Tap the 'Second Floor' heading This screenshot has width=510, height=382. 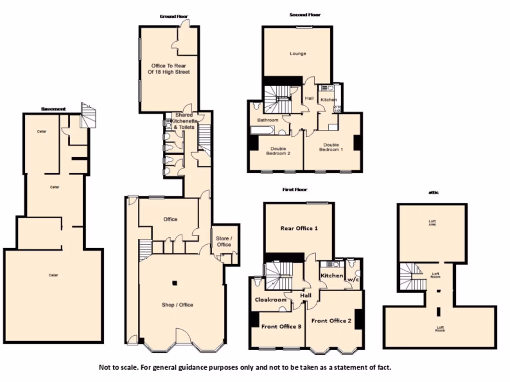point(305,15)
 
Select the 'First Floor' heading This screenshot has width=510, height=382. point(295,190)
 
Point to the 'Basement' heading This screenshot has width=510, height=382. point(53,108)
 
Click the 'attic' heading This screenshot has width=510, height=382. point(433,192)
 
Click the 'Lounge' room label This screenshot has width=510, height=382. point(298,53)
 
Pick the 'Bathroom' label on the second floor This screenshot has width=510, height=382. point(267,120)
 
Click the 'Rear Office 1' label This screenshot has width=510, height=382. point(299,228)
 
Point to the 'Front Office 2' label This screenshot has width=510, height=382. point(331,321)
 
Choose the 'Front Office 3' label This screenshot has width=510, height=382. point(281,326)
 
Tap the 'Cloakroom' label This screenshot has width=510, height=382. point(270,299)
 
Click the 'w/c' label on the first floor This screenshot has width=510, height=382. point(353,280)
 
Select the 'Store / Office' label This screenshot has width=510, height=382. point(224,241)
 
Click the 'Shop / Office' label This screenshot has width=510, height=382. point(177,305)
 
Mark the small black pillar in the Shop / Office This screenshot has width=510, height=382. point(174,284)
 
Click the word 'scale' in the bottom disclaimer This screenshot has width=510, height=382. point(127,368)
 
